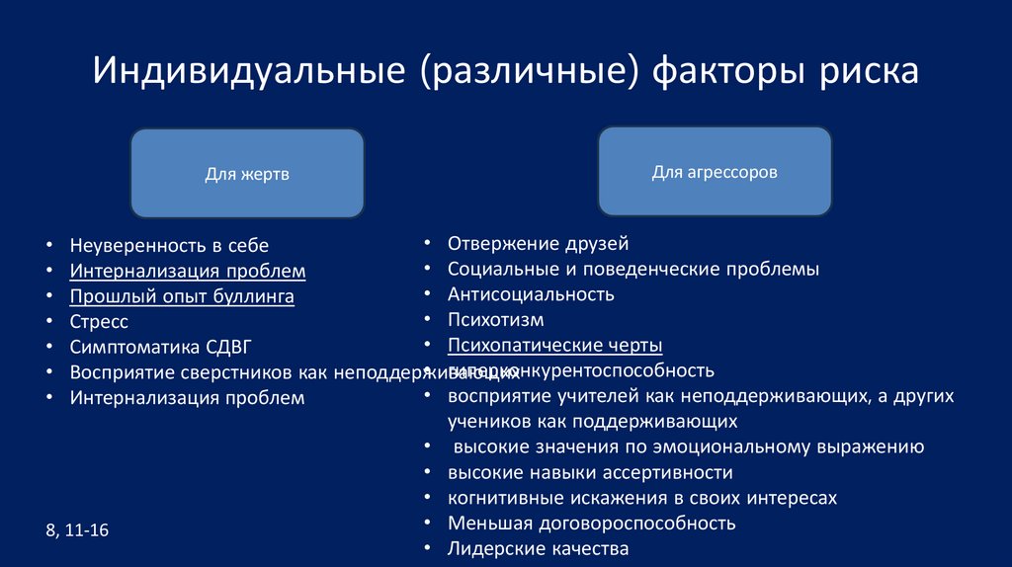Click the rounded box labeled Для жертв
click(247, 174)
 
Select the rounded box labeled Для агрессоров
click(715, 172)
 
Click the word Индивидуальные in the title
click(247, 72)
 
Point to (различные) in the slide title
click(529, 72)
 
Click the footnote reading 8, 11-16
click(77, 530)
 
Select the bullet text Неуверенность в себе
click(169, 245)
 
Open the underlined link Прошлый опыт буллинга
click(182, 296)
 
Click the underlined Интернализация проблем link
click(188, 271)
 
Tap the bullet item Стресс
click(99, 322)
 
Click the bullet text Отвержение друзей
click(538, 243)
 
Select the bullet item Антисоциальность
click(531, 294)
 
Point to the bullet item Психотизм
click(495, 320)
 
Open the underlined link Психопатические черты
click(554, 346)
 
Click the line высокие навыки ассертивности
click(590, 472)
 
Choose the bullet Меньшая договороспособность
click(591, 524)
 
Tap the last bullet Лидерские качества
click(538, 549)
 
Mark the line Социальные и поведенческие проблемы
click(632, 269)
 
